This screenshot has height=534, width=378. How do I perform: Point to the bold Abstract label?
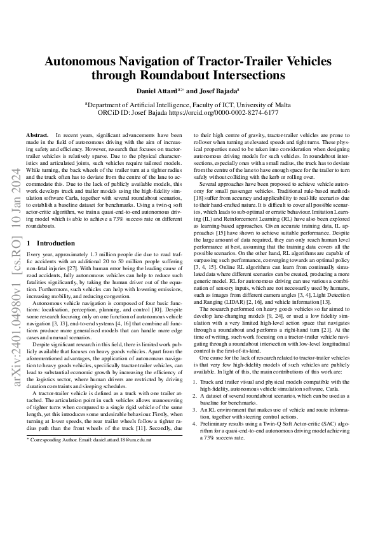37,136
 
